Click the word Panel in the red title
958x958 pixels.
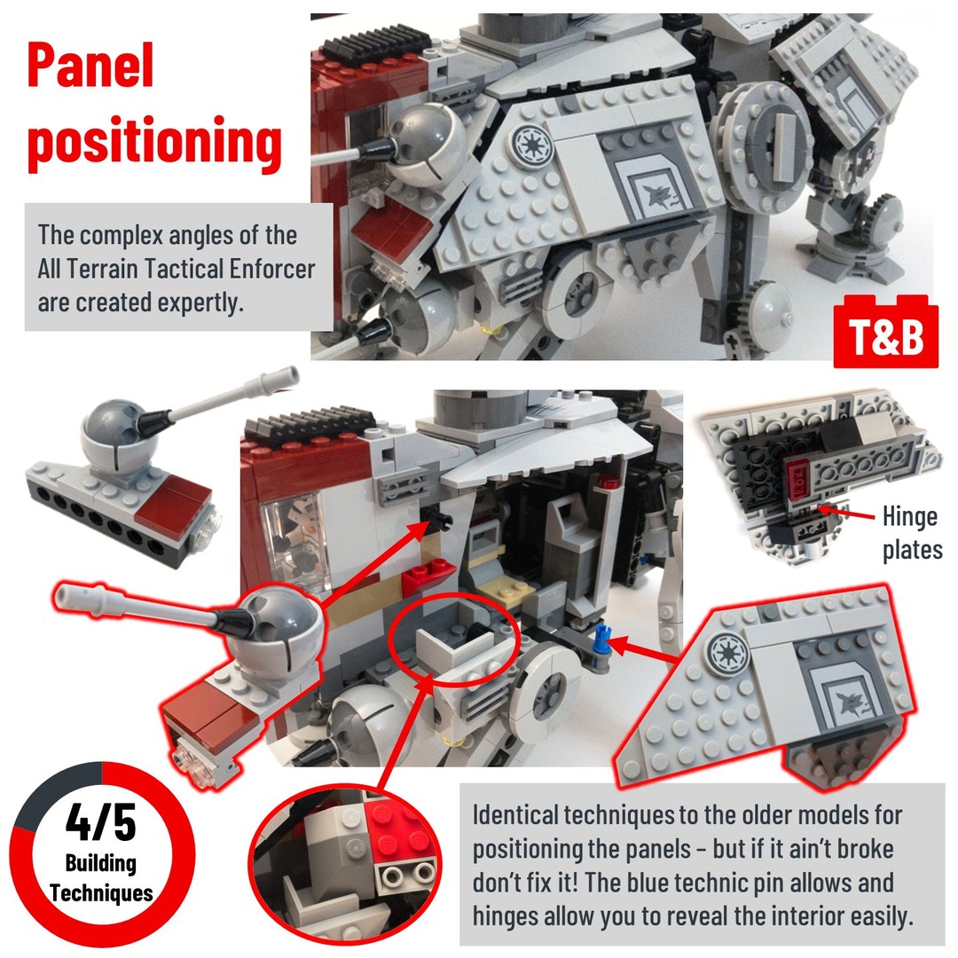(x=90, y=66)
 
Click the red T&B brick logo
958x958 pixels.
(x=885, y=332)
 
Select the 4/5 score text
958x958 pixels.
(x=101, y=822)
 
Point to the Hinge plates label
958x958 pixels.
(x=912, y=533)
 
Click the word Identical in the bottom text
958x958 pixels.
(x=516, y=815)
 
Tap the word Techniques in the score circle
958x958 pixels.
(x=101, y=892)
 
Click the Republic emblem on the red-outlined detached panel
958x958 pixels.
(x=727, y=653)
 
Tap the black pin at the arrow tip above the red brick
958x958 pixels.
(x=440, y=519)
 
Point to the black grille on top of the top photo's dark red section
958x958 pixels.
(x=373, y=43)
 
